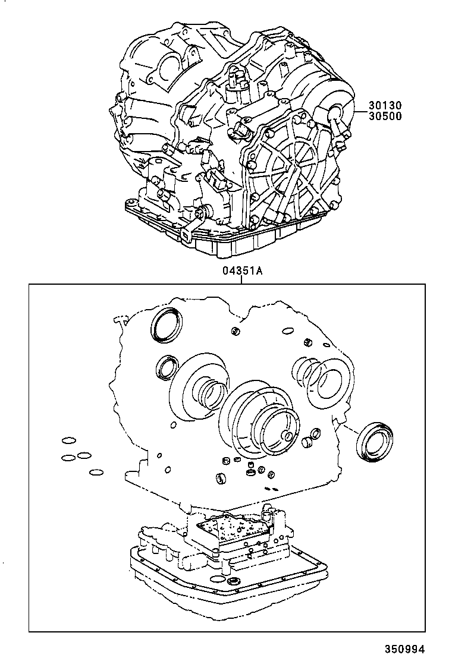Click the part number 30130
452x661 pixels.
click(x=385, y=105)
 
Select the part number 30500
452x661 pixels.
click(x=385, y=116)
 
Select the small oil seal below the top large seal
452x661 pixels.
click(x=167, y=367)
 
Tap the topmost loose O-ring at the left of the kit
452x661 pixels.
click(x=68, y=441)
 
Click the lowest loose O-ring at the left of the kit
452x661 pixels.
click(x=96, y=474)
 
